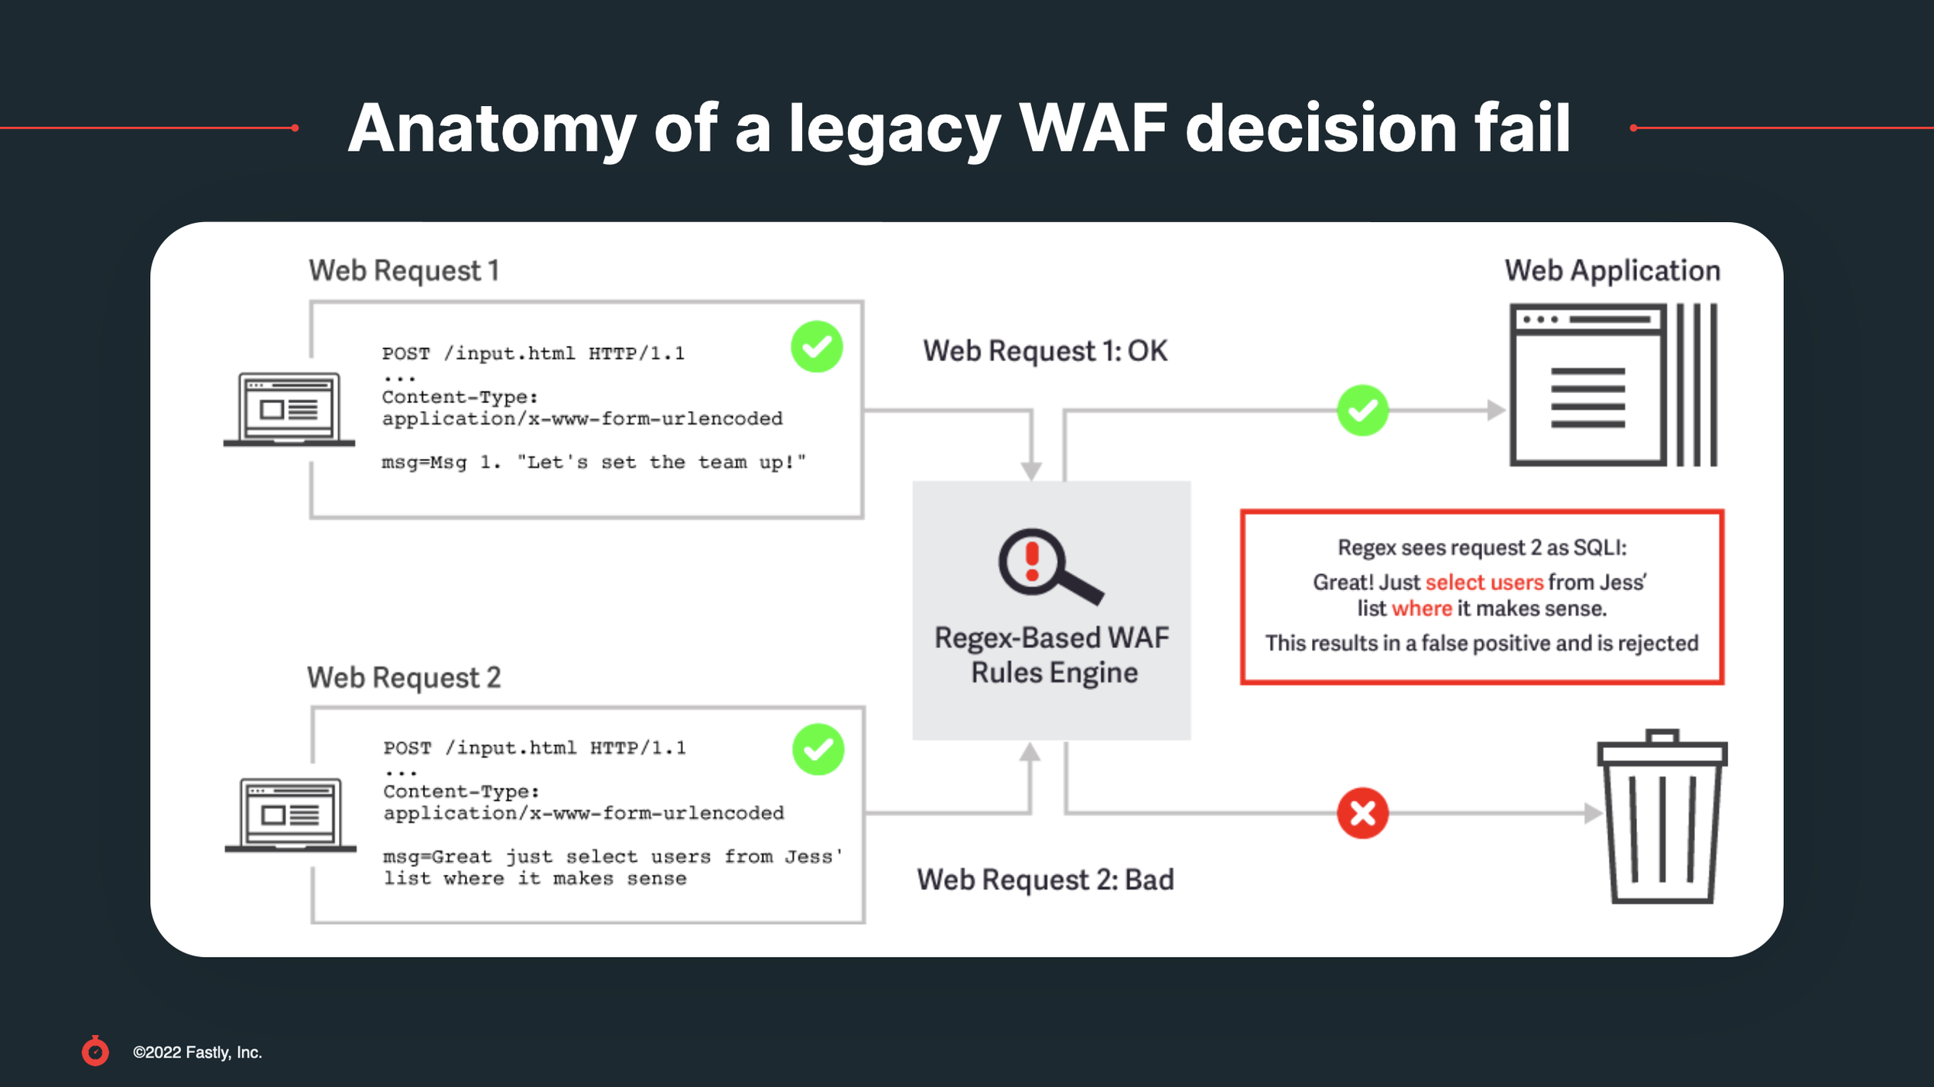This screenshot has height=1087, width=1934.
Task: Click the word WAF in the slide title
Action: (1092, 128)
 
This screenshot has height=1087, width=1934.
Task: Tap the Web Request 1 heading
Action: (404, 271)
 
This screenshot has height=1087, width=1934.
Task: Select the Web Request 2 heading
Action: (404, 678)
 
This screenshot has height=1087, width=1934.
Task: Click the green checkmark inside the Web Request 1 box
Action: (816, 347)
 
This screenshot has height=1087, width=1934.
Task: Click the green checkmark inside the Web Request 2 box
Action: (818, 749)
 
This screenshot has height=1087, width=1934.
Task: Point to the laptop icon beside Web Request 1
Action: (289, 409)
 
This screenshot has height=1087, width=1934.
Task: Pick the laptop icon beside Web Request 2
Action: (291, 815)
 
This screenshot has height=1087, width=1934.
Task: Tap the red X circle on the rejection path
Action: (1362, 813)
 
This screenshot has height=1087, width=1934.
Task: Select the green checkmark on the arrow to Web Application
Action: (1362, 410)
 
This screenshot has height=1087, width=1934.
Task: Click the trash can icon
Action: (1662, 817)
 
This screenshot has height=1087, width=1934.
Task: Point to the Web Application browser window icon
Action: (1613, 385)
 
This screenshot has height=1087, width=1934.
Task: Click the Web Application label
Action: (1612, 271)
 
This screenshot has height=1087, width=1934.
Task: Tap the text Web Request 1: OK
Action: (1044, 351)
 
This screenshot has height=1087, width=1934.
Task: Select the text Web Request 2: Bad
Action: (1045, 880)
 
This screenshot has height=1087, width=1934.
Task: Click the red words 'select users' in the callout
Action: (1484, 582)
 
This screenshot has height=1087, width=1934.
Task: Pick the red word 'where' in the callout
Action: (1421, 609)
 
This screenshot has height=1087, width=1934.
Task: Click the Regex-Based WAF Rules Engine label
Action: (1052, 655)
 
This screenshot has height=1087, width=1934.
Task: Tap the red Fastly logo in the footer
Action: (95, 1051)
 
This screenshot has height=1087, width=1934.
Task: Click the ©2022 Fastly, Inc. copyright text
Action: (197, 1052)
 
